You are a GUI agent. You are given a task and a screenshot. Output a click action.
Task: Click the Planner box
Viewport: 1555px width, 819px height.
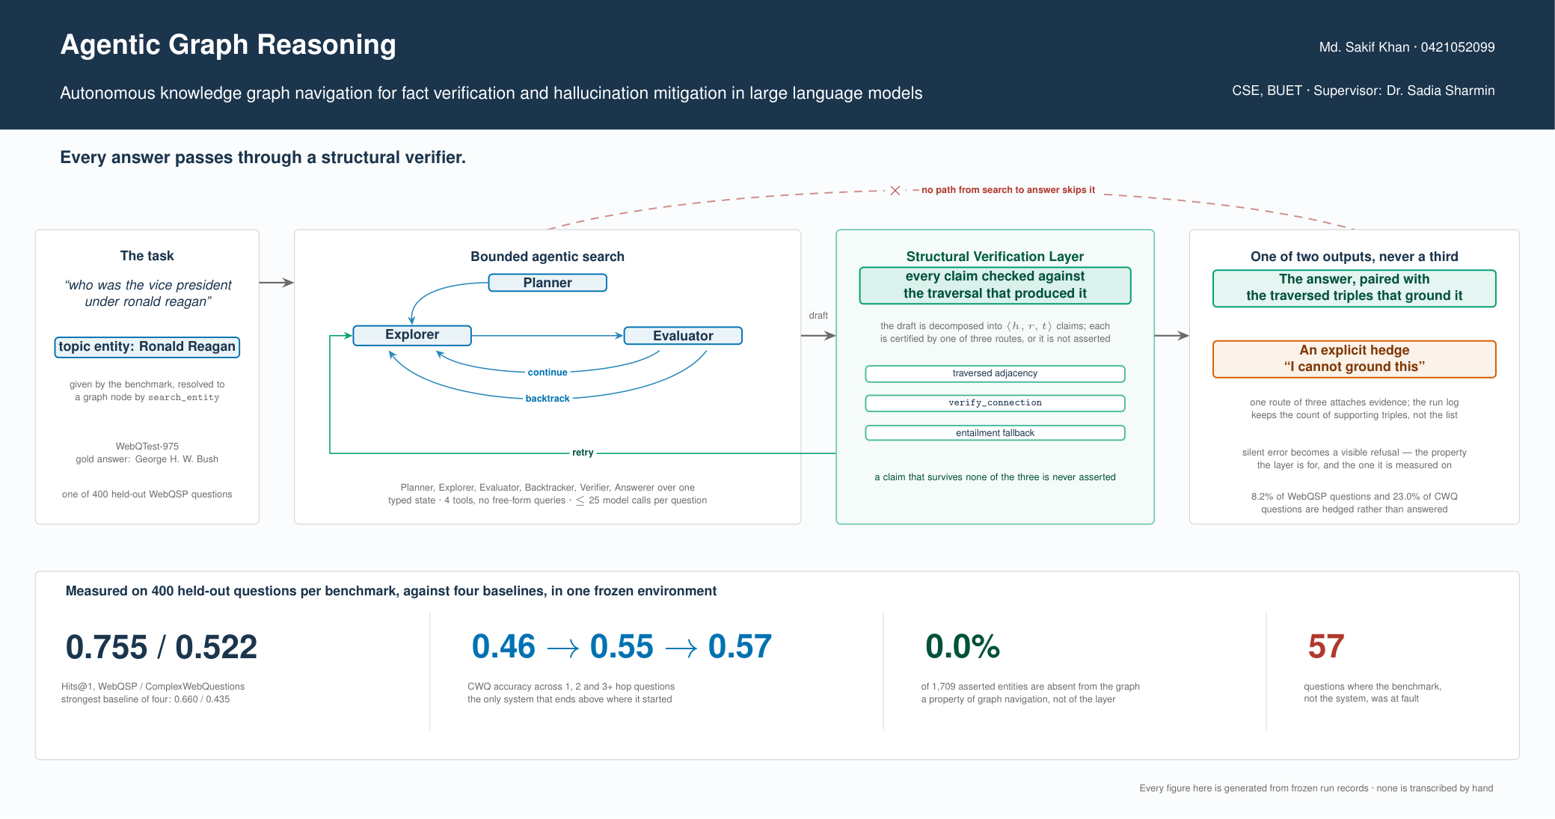coord(548,283)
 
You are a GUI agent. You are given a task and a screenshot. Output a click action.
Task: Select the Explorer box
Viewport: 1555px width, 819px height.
coord(412,335)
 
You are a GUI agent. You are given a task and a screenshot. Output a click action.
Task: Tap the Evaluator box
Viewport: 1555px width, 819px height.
coord(683,336)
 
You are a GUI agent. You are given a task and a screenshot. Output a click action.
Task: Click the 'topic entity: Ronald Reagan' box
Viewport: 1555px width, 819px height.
coord(147,347)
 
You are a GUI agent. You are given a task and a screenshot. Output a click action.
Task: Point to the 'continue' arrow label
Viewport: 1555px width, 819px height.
coord(548,372)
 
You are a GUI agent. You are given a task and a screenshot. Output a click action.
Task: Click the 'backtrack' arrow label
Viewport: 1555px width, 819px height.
coord(548,399)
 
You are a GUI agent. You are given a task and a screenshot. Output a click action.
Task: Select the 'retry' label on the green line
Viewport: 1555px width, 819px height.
coord(583,453)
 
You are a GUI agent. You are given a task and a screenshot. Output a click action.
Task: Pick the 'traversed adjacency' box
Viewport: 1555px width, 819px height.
coord(995,373)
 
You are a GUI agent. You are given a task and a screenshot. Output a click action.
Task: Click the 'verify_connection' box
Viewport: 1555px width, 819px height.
coord(995,403)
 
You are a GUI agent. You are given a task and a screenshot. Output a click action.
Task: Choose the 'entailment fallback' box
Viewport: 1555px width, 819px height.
coord(995,433)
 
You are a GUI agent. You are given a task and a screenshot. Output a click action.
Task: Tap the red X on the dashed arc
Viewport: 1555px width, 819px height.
coord(895,191)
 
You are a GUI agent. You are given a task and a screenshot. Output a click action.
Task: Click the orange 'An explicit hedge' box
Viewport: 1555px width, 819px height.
coord(1355,359)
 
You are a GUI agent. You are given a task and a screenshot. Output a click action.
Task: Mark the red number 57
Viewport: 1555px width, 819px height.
coord(1326,646)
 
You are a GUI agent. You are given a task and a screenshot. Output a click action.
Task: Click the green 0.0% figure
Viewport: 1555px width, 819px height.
coord(963,646)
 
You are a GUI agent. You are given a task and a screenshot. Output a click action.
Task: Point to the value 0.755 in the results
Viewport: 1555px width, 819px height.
coord(107,647)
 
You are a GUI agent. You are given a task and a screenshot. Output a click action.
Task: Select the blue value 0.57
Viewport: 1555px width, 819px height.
coord(740,646)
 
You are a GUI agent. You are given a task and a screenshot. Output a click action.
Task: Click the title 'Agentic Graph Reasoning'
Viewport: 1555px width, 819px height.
coord(228,45)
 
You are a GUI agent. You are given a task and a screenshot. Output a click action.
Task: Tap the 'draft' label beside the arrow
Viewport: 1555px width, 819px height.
coord(818,316)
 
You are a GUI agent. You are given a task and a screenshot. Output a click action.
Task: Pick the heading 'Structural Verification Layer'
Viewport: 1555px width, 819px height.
coord(995,257)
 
